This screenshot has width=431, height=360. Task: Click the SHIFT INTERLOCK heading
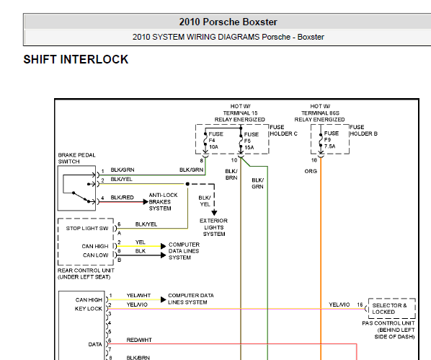click(x=76, y=59)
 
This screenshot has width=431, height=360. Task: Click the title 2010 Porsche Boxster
click(x=228, y=22)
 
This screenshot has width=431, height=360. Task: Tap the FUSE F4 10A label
click(x=215, y=141)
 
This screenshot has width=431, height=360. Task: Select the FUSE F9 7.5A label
click(x=332, y=140)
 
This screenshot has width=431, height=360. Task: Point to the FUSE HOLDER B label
click(x=363, y=131)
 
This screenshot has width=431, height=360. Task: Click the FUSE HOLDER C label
click(x=284, y=131)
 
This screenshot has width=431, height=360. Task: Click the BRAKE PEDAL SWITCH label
click(x=76, y=158)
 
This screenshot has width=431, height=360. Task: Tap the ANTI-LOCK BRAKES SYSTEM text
click(x=164, y=202)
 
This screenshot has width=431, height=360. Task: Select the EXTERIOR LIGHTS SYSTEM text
click(x=213, y=227)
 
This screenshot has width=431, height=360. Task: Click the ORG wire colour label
click(x=311, y=171)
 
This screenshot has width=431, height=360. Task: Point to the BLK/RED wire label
click(x=122, y=198)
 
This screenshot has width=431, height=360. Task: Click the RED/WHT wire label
click(x=139, y=341)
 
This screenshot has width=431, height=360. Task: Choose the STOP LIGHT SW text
click(x=87, y=229)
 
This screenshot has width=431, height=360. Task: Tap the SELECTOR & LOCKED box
click(x=391, y=309)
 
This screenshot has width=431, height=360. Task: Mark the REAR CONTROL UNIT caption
click(x=86, y=274)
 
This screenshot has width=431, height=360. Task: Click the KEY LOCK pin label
click(x=88, y=309)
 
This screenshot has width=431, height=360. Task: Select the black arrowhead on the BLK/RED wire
click(x=146, y=202)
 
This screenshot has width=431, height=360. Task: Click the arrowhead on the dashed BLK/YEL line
click(x=214, y=213)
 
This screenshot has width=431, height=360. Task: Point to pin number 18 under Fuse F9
click(x=314, y=160)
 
